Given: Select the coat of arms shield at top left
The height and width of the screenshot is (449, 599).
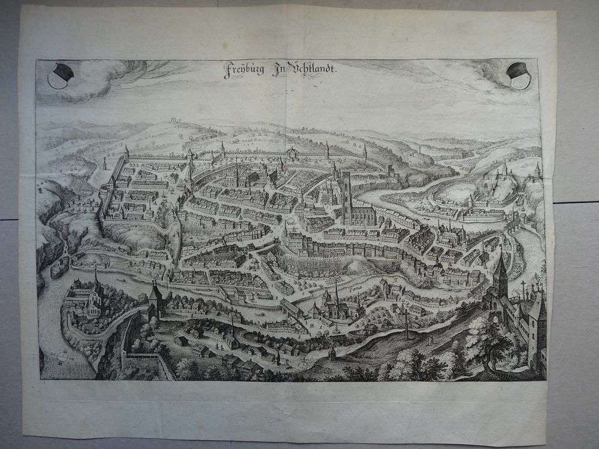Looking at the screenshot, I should point(60,75).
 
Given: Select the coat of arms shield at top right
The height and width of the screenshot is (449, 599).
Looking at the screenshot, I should point(519,75).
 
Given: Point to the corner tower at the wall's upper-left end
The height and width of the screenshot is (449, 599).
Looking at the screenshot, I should point(126,153).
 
